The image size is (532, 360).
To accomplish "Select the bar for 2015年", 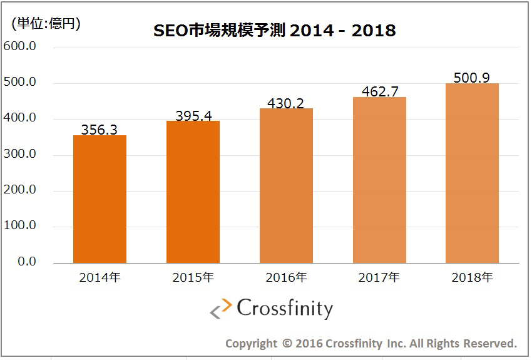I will coord(193,192).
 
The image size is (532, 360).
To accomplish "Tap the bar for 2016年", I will coord(286,186).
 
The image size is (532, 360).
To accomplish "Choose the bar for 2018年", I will coord(472,173).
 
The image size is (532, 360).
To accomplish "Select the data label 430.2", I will coord(286,103).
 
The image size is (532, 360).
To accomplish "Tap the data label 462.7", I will coord(379,91).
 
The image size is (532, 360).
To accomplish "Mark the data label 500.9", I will coord(472,78).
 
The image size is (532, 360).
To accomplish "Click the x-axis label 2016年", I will coord(286,278).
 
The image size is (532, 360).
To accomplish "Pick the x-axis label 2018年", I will coord(472,278).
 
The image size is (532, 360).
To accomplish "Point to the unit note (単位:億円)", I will coord(46,24).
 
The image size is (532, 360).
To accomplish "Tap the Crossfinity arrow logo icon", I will coord(220,310).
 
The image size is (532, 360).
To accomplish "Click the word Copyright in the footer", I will coord(250,343).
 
